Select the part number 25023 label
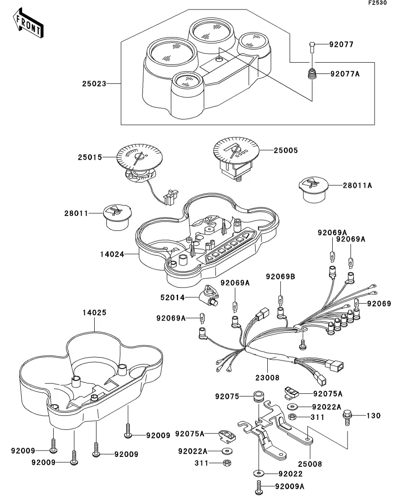(94, 84)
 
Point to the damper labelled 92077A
(311, 74)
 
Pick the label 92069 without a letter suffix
(379, 304)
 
